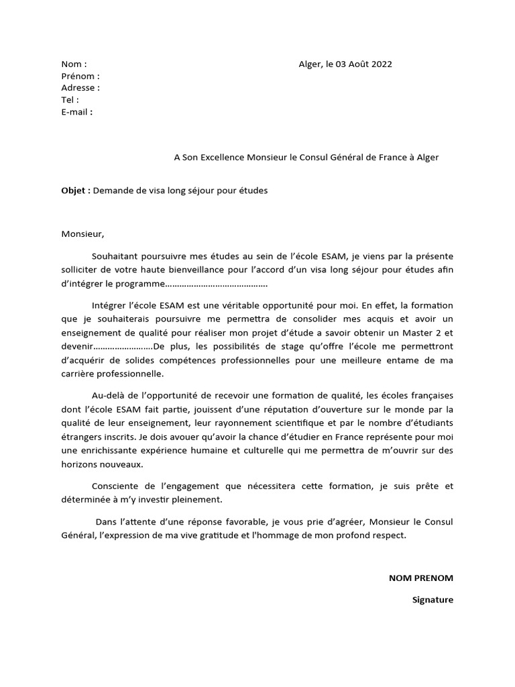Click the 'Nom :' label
click(74, 64)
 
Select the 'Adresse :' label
click(80, 88)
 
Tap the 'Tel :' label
click(70, 100)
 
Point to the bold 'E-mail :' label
click(77, 112)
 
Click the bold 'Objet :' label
click(76, 191)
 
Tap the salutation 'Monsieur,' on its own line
click(83, 234)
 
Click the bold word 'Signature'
click(433, 600)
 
